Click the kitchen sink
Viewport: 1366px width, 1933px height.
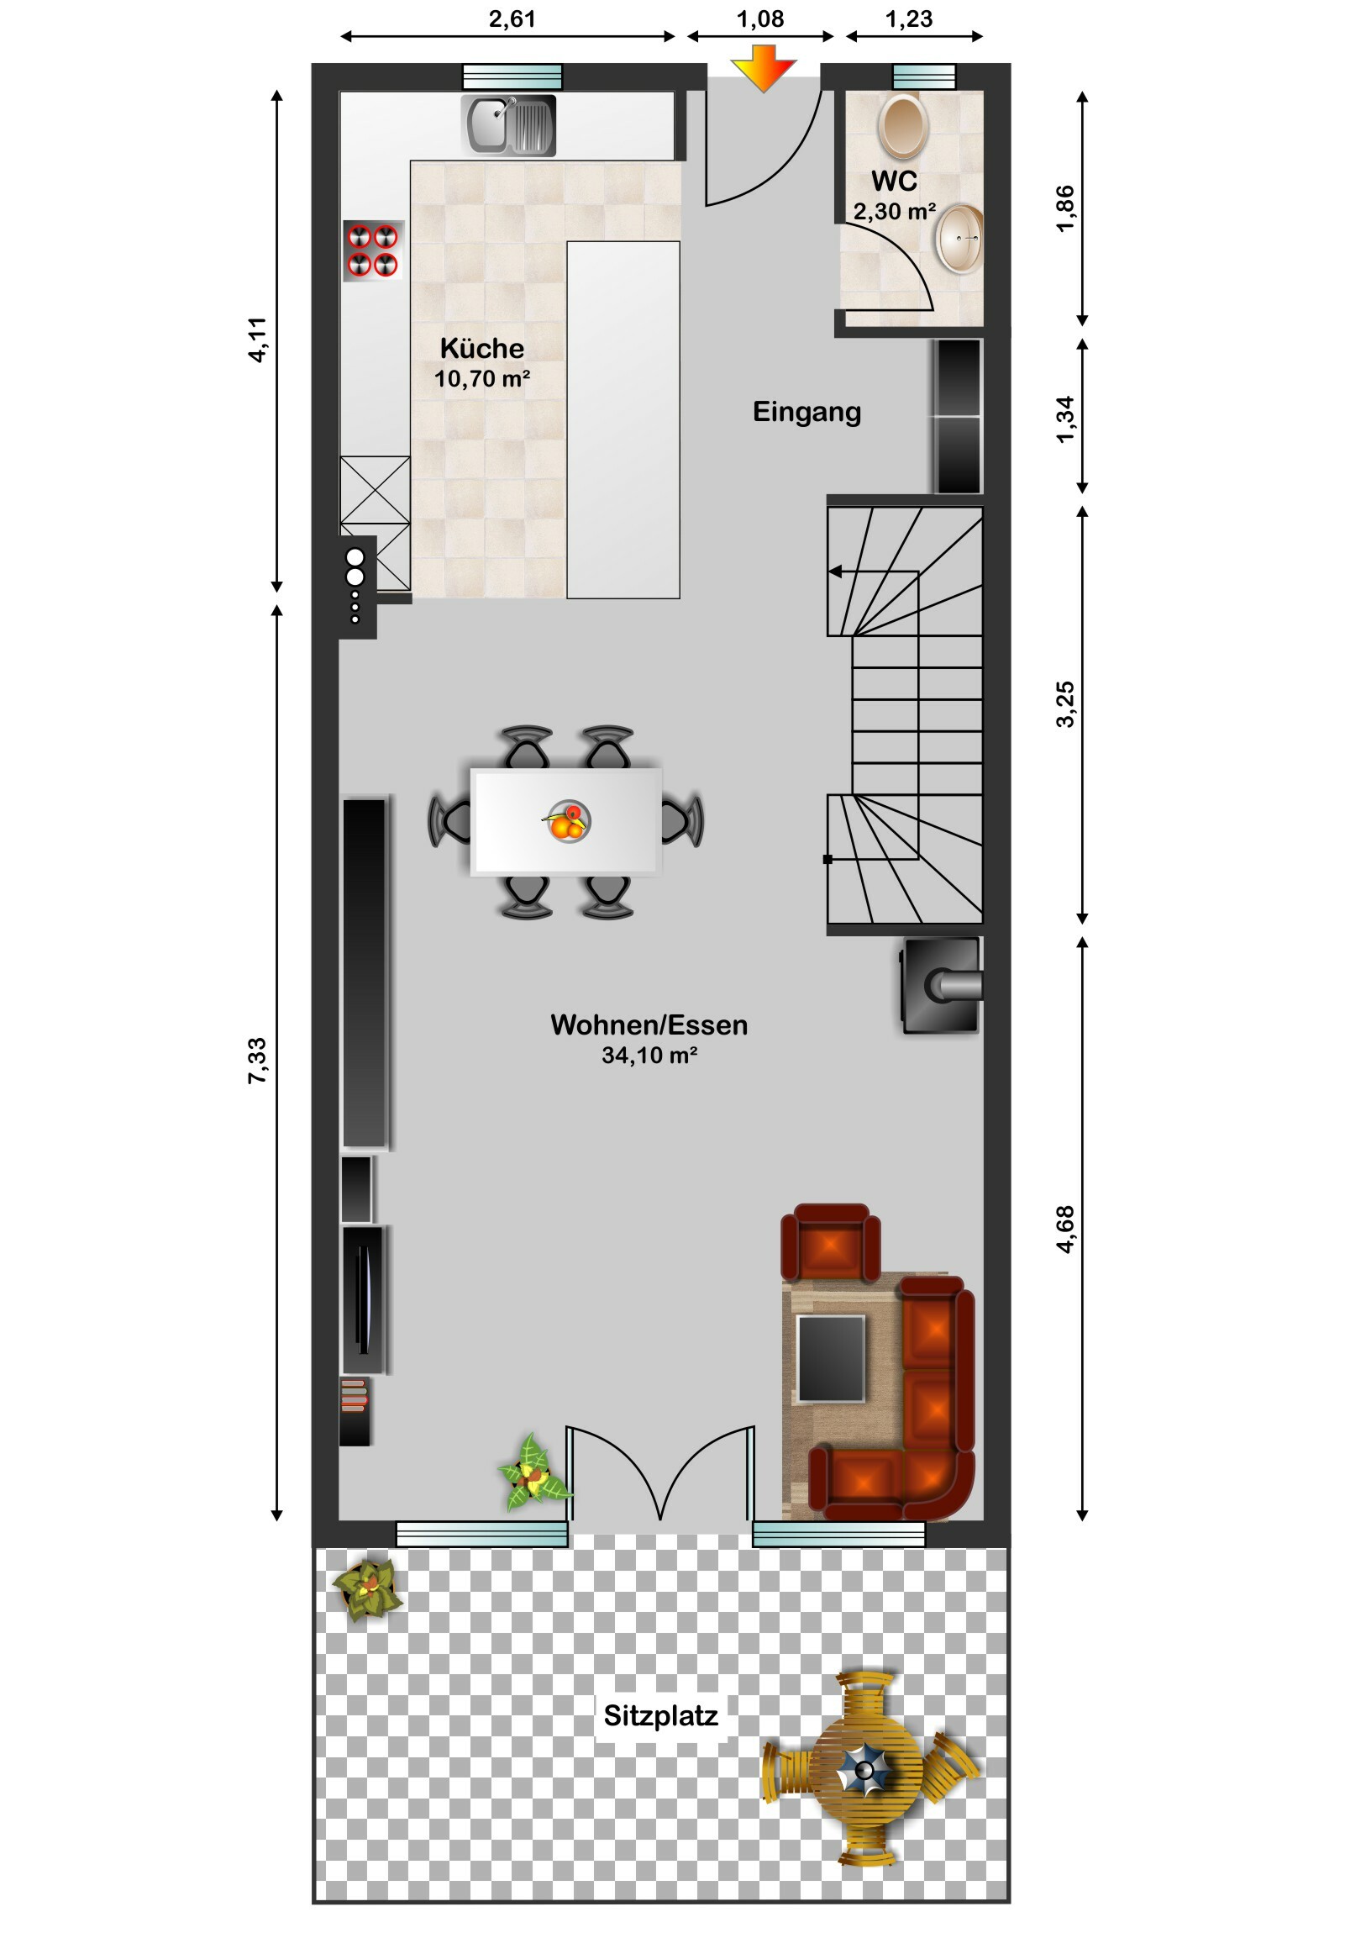(x=509, y=124)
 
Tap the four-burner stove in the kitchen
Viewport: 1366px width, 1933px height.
(x=373, y=251)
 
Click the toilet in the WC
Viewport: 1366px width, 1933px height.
(x=902, y=124)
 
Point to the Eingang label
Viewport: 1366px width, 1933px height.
(x=806, y=412)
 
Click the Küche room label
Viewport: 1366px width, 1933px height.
(x=481, y=348)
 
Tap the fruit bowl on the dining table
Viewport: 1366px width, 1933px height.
(x=567, y=821)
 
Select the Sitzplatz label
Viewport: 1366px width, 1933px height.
(x=660, y=1715)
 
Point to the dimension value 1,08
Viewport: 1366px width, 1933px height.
(x=760, y=18)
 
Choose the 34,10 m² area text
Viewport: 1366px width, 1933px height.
(x=649, y=1055)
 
